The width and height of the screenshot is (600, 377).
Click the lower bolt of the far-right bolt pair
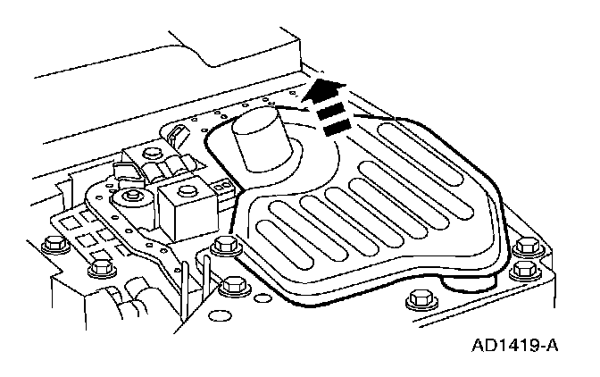pos(523,269)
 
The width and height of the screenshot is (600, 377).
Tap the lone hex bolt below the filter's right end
pos(415,299)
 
